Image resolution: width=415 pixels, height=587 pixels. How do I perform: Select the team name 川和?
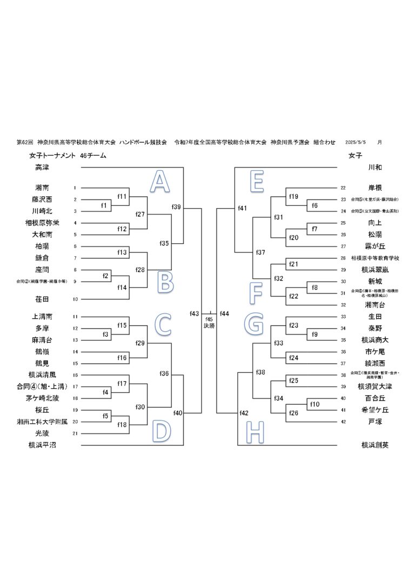[375, 168]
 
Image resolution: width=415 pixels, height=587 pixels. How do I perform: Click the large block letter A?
[159, 182]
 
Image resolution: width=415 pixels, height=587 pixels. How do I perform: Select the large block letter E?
[257, 182]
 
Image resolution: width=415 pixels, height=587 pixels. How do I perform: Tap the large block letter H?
[257, 431]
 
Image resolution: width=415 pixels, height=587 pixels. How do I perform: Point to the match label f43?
[195, 313]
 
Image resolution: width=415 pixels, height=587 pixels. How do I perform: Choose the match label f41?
[242, 208]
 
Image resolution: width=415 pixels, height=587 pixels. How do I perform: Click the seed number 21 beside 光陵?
[75, 433]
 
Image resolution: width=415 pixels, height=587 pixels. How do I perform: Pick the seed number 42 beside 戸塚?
[343, 422]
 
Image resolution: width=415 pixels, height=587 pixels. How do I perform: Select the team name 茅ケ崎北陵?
[42, 398]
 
